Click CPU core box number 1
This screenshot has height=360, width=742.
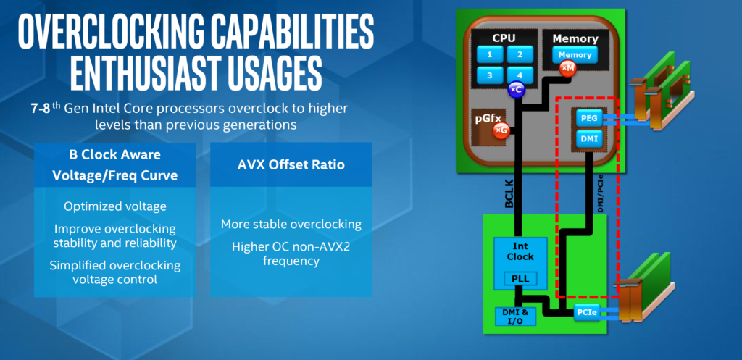click(x=489, y=54)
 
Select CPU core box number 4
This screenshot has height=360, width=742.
click(x=520, y=75)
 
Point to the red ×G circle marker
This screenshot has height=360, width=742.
click(x=501, y=130)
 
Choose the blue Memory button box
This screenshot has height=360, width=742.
click(x=575, y=55)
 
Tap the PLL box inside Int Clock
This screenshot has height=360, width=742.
click(x=520, y=279)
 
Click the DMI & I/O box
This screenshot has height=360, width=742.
click(x=515, y=316)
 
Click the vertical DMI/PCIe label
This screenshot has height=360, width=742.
click(x=601, y=194)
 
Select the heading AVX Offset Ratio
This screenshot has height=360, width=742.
click(x=291, y=164)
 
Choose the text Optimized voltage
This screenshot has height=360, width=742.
click(x=115, y=206)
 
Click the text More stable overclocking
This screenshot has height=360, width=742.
click(x=291, y=224)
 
